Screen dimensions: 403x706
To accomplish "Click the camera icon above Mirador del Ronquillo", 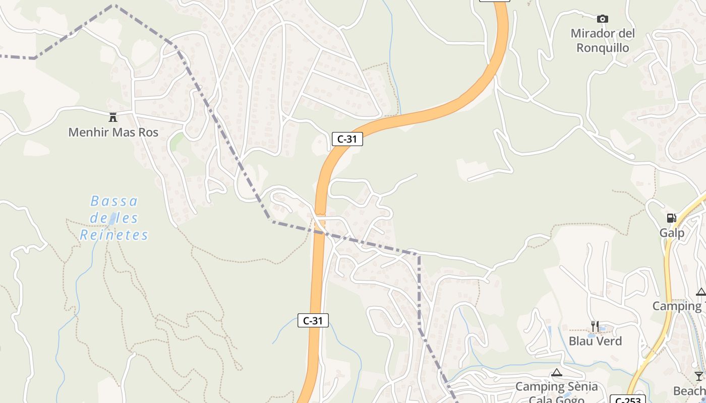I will coord(602,19).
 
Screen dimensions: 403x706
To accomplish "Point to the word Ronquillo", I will coord(603,48).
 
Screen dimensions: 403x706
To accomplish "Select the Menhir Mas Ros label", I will coord(113,132).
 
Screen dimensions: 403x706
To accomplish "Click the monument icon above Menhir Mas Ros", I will coord(113,117).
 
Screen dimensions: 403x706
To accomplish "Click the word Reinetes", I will coord(114,235).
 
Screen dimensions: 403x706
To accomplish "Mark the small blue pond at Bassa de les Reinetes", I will coord(113,218).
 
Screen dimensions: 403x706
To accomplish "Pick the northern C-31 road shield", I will coord(347,139).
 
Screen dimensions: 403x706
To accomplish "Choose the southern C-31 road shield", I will coord(313,320).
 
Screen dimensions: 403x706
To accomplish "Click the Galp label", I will coord(672,233).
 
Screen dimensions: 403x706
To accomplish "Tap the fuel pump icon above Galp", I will coord(671,218).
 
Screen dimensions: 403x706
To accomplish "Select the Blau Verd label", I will coord(595,341).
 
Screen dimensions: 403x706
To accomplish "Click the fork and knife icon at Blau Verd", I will coord(595,326).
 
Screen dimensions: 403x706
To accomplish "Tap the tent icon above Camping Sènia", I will coord(556,373).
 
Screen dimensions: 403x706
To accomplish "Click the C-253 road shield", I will coord(627,400).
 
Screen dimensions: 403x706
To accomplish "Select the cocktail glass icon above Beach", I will coord(698,376).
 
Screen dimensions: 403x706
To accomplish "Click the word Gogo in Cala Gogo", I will coord(568,400).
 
